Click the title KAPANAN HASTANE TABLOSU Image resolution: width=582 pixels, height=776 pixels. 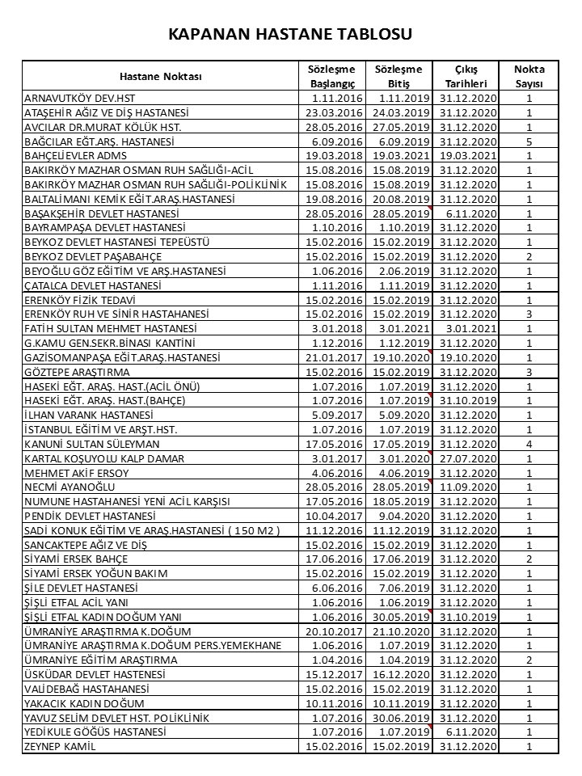290,34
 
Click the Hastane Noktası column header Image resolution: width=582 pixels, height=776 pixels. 160,76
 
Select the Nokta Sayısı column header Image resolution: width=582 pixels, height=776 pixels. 529,76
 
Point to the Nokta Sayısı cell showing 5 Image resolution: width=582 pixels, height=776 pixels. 529,141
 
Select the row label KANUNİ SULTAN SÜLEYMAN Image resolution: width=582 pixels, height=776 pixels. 92,444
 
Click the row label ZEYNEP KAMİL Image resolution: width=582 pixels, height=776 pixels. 61,746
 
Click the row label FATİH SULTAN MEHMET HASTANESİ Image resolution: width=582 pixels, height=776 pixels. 112,329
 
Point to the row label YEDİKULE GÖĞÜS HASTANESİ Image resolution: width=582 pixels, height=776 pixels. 96,732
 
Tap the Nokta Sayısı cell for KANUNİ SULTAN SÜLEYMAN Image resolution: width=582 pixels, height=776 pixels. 529,444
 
